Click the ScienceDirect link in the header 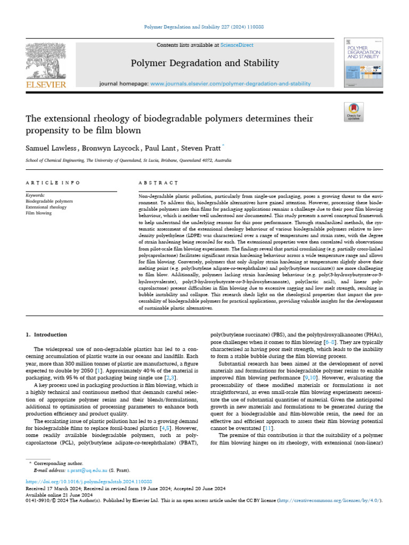pos(238,45)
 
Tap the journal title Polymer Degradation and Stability pos(205,63)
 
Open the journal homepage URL pos(231,84)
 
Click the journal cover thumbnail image pos(364,63)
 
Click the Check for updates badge pos(354,112)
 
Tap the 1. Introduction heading pos(47,335)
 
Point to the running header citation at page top pos(205,27)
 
